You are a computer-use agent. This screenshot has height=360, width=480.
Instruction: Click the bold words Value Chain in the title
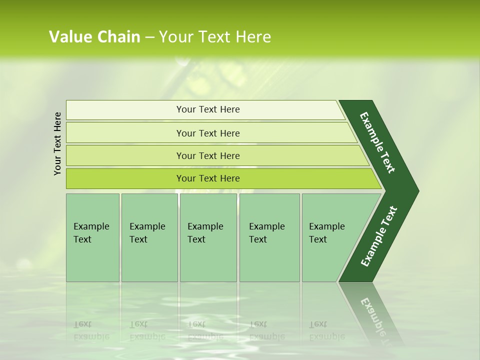94,37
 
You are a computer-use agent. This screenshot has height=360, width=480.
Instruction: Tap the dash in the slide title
149,37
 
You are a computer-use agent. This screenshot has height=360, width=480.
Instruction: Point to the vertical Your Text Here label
57,143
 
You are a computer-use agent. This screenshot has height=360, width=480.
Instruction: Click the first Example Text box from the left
92,237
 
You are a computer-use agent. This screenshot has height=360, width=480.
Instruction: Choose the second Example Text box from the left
149,237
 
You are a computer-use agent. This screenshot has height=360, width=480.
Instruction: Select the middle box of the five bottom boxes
208,237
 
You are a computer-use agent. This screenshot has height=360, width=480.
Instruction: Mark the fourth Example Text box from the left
269,237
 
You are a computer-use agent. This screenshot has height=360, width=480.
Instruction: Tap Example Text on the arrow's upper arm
377,142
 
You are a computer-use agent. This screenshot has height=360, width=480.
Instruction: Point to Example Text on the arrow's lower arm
379,236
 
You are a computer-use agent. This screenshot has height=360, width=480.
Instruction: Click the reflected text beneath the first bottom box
91,330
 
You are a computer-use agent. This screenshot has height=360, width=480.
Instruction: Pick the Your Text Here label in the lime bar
208,178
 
